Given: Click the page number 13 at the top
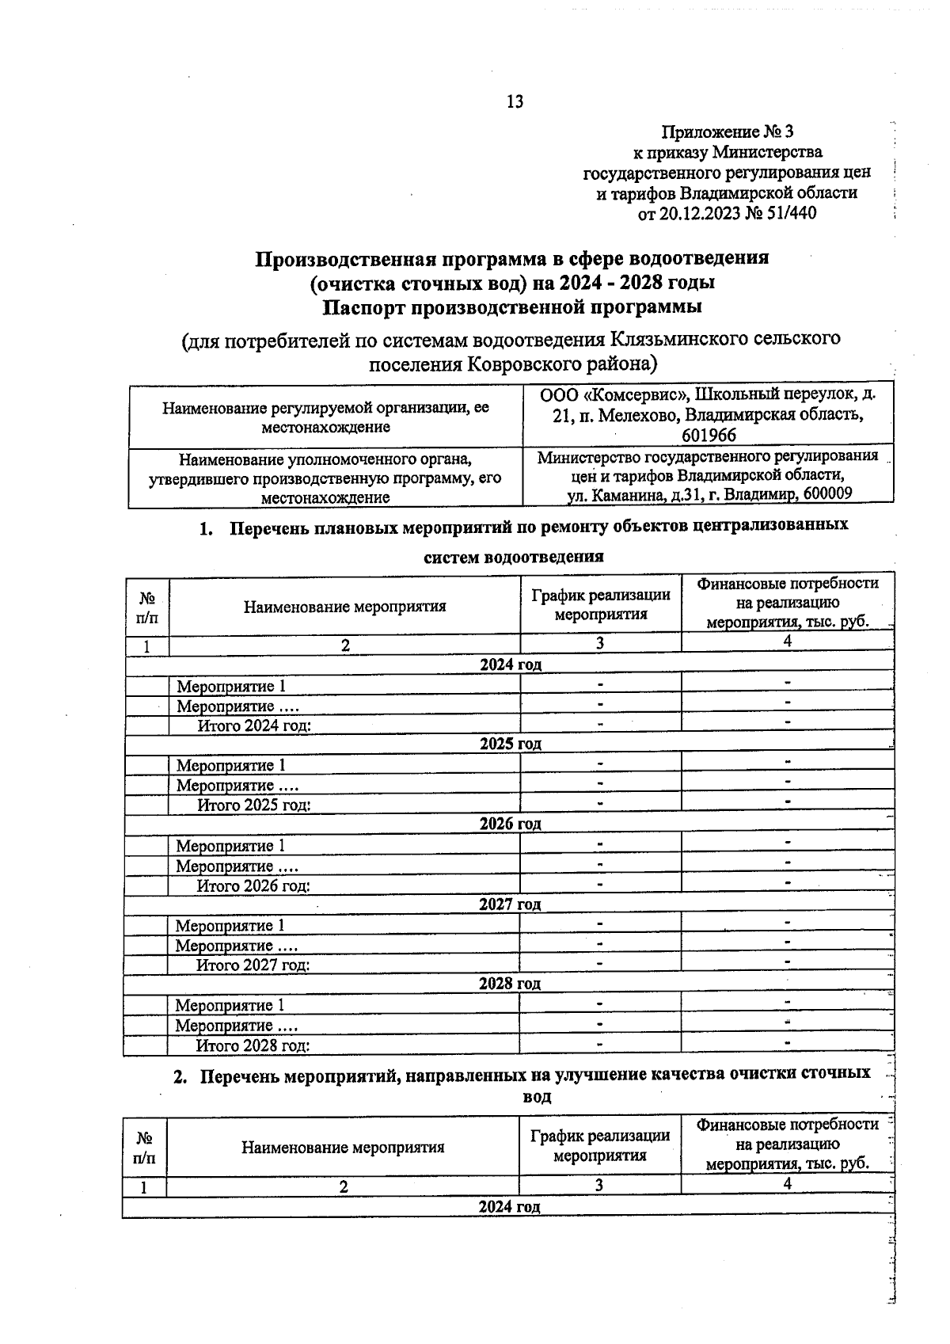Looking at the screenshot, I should [515, 101].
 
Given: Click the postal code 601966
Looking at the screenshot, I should [709, 435].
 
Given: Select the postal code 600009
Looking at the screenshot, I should [826, 493].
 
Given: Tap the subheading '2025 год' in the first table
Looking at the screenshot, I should [511, 744].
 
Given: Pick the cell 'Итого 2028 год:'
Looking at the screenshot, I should [253, 1045].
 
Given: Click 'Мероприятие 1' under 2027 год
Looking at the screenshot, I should [230, 925].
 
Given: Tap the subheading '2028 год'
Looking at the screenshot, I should [510, 983].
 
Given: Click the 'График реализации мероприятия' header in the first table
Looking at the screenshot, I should [600, 603].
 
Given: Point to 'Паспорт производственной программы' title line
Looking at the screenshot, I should [512, 306].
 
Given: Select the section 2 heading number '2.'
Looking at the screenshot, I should [181, 1076].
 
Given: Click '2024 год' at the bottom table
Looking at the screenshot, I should [510, 1206].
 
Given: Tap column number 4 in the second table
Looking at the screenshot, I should [788, 1183].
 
